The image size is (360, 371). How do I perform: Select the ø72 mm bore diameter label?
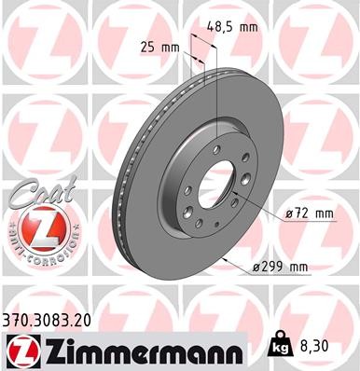tap(310, 213)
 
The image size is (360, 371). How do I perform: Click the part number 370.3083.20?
tap(56, 318)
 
